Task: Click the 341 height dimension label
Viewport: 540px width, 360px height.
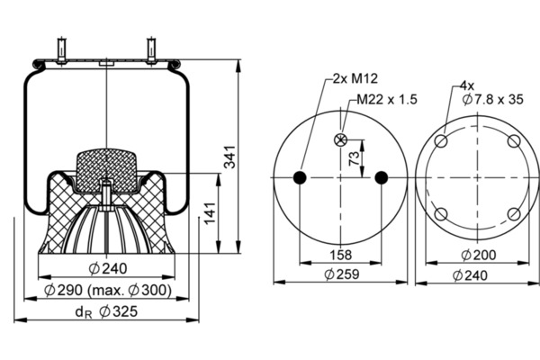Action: point(229,157)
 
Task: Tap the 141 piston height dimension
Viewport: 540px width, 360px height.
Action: point(210,213)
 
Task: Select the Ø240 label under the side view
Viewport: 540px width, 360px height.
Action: point(108,268)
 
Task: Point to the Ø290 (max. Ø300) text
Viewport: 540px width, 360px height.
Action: point(108,290)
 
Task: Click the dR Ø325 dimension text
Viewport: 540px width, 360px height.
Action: point(106,311)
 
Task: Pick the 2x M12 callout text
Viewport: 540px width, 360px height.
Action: point(355,78)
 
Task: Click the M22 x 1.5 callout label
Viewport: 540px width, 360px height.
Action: point(387,100)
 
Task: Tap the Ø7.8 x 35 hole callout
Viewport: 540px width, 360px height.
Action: point(493,100)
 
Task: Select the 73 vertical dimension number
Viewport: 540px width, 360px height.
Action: point(354,158)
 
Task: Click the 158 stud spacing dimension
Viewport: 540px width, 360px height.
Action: point(341,255)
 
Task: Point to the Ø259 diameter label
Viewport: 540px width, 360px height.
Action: point(342,274)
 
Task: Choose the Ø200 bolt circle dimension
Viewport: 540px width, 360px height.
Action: point(479,256)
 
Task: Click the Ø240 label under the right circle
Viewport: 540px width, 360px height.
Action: point(470,275)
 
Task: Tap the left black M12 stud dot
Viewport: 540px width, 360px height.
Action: point(300,178)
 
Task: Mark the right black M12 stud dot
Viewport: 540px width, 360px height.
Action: point(381,178)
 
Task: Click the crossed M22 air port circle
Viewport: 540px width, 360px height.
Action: point(340,139)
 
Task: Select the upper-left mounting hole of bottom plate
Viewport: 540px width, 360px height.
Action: point(441,141)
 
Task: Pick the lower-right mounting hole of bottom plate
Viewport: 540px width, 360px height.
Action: point(514,214)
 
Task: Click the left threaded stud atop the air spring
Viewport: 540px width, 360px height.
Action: point(61,51)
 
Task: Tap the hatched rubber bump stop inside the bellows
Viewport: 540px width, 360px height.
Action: point(106,171)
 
